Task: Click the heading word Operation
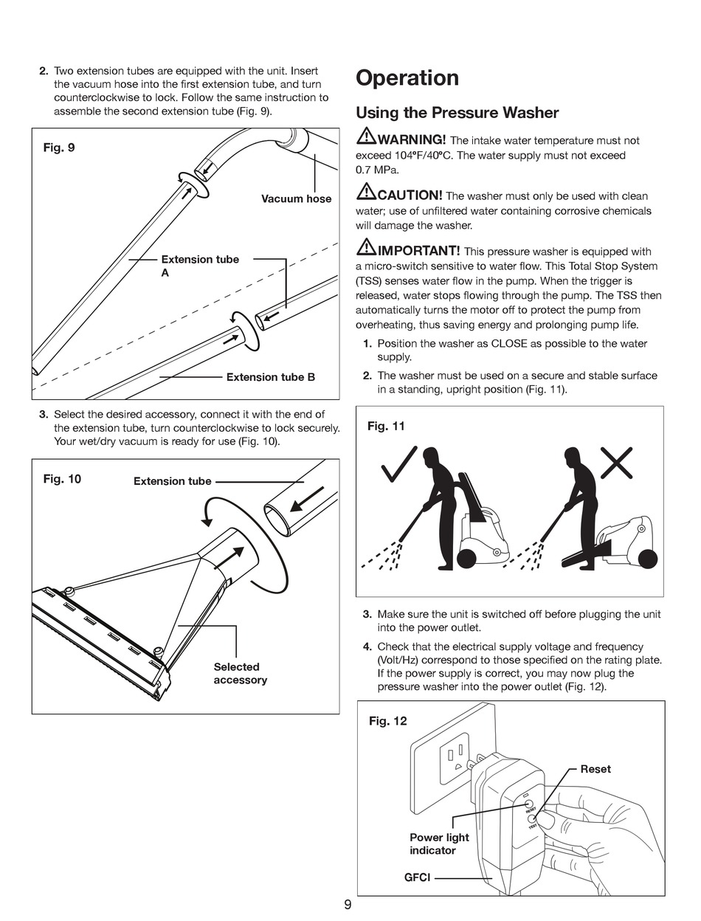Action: pos(407,78)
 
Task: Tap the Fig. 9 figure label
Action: pos(59,148)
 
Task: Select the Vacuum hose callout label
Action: pos(296,199)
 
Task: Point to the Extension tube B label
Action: pos(270,377)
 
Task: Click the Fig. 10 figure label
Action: pos(62,479)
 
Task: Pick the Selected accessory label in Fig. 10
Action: pos(239,673)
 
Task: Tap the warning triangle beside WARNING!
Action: pos(366,137)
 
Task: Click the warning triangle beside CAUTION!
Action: pos(366,193)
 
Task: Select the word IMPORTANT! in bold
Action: pos(418,251)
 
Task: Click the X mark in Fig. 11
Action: pos(617,464)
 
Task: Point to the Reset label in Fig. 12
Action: pos(595,769)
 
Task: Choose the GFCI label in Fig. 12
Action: pos(417,878)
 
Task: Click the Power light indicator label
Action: pos(439,844)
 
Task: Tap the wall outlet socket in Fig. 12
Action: pos(453,759)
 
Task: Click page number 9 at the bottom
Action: pos(348,906)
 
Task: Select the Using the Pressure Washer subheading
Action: pos(457,113)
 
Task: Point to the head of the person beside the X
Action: pos(572,454)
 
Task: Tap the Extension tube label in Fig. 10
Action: pos(172,481)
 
